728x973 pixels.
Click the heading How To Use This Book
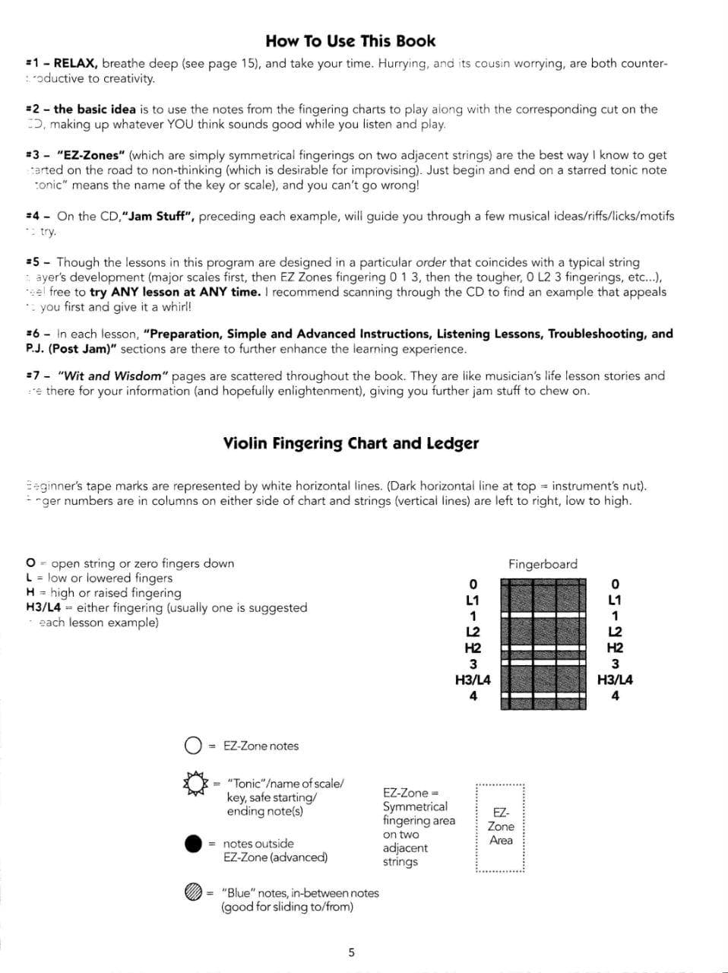point(350,41)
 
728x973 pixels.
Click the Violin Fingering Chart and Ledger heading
point(350,443)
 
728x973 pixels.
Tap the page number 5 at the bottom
point(351,952)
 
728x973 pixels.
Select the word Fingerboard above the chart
point(543,564)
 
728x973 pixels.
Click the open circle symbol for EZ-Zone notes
point(193,746)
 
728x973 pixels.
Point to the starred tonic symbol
point(195,784)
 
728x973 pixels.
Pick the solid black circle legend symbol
point(194,844)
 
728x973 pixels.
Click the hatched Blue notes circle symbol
point(194,892)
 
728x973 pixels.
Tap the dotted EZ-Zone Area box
point(501,827)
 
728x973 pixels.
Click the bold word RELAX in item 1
point(75,64)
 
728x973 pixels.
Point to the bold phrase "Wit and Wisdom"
point(113,376)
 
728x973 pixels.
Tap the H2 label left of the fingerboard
point(473,648)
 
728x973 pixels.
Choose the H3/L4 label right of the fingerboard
point(615,680)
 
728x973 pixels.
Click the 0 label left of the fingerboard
point(473,584)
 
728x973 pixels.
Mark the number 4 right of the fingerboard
point(615,696)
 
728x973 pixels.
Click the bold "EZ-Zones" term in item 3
point(91,155)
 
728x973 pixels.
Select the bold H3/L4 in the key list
point(43,608)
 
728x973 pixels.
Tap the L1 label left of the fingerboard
point(473,601)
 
